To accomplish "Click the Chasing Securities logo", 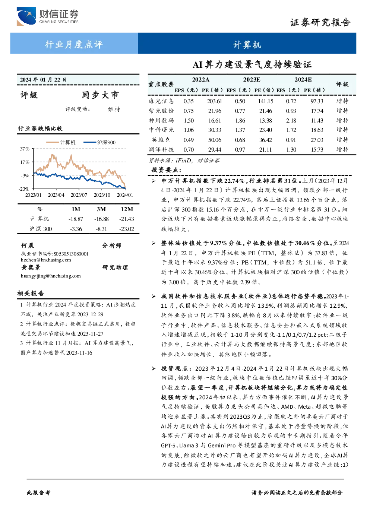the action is pos(47,16).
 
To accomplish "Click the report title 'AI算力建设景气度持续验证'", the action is pos(252,65).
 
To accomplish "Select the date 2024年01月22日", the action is pos(43,80).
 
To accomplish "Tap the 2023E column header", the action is pos(252,80).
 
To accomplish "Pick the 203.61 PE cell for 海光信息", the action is pos(214,101).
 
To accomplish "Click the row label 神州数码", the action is pos(161,120).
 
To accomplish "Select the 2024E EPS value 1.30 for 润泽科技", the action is pos(291,150).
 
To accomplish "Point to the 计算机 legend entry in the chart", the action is pos(61,142).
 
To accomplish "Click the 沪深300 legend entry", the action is pos(99,142).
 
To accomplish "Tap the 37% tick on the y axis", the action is pos(25,149).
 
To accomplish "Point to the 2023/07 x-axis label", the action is pos(79,195).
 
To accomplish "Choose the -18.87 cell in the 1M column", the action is pos(76,219).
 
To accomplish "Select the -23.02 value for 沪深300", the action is pos(127,229).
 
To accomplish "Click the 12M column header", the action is pos(127,209).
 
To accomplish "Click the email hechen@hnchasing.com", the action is pos(46,260).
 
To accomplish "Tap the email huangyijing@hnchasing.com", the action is pos(51,276).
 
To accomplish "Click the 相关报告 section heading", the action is pos(31,294).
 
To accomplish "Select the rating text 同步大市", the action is pos(100,95).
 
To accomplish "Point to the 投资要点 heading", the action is pos(167,170).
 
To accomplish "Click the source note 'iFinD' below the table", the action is pos(183,161).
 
